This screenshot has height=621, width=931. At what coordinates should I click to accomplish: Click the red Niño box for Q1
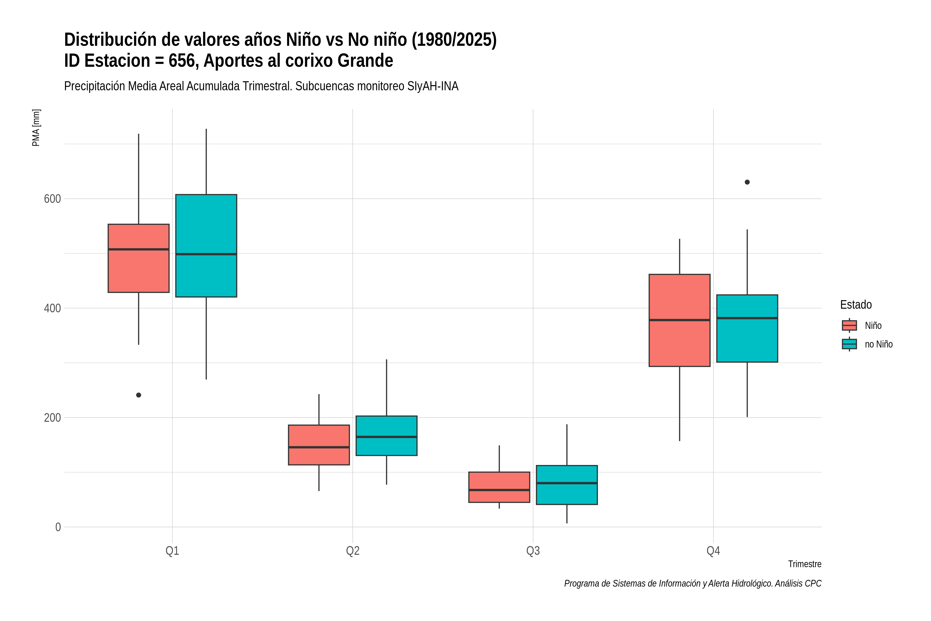click(x=139, y=258)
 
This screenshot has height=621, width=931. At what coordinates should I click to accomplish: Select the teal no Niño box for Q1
click(x=206, y=246)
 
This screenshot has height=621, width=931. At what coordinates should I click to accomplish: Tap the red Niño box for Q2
click(x=319, y=445)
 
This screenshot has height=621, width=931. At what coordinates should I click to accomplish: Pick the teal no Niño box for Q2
click(x=386, y=436)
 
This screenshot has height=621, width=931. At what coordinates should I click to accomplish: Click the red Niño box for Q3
click(x=499, y=487)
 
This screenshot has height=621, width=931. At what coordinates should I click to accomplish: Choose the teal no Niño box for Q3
click(x=567, y=485)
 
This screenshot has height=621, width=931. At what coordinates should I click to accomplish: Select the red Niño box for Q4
click(x=680, y=320)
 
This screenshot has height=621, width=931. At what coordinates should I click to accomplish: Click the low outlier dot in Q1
click(x=139, y=395)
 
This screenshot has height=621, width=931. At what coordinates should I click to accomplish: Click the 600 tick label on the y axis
click(x=52, y=199)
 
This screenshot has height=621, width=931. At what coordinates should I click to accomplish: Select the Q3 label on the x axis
click(x=533, y=551)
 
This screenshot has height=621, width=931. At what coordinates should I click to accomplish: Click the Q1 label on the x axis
click(x=172, y=551)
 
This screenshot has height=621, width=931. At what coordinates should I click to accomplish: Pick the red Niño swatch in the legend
click(x=850, y=326)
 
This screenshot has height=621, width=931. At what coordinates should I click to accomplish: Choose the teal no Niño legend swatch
click(x=850, y=344)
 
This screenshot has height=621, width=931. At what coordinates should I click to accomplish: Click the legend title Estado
click(x=856, y=305)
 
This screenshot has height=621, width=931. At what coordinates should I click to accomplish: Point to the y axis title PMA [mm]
click(x=36, y=128)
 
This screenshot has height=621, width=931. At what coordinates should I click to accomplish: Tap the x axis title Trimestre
click(x=805, y=564)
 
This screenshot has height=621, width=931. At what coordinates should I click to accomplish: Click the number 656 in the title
click(x=184, y=61)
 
